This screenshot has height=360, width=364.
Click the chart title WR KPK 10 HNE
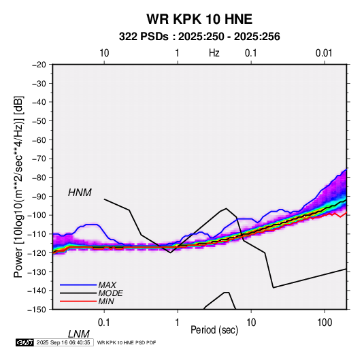point(199,19)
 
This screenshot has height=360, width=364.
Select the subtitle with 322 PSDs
point(199,37)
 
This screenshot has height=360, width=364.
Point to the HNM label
point(80,193)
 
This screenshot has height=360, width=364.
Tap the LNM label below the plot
point(78,334)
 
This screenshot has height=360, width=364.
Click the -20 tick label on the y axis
point(39,65)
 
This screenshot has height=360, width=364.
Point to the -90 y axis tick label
point(39,196)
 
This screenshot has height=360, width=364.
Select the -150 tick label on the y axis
point(37,310)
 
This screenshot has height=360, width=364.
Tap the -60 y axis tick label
point(39,140)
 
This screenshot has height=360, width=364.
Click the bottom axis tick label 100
point(325,323)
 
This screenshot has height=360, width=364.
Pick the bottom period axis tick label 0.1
point(104,323)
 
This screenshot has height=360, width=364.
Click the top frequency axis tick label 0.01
point(324,53)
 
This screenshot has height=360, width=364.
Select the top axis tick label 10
point(104,53)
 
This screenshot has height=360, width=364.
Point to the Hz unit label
point(214,53)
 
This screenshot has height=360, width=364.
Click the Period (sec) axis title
point(214,330)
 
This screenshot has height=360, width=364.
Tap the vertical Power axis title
point(18,186)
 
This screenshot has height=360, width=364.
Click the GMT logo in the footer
point(24,342)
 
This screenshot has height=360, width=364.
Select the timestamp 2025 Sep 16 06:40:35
point(63,342)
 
